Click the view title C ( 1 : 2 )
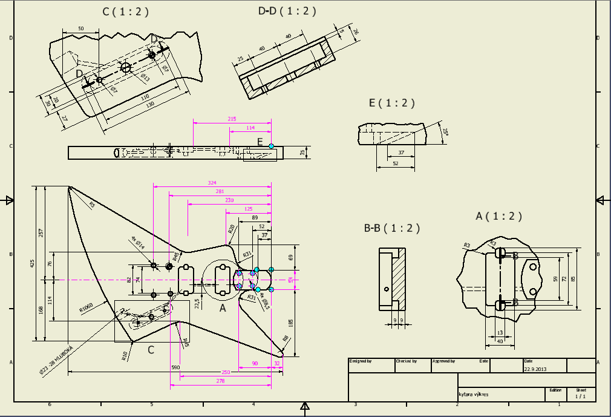(125, 11)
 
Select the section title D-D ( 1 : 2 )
(287, 11)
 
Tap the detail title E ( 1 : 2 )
(392, 103)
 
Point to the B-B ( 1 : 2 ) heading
(391, 228)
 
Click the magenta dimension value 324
(212, 183)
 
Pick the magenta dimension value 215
(232, 119)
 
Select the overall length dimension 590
(176, 367)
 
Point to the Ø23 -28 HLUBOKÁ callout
(54, 360)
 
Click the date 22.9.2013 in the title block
(535, 367)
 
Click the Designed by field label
(361, 361)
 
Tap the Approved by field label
(443, 361)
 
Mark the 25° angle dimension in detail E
(445, 132)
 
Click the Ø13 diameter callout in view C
(145, 77)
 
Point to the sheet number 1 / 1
(580, 396)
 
